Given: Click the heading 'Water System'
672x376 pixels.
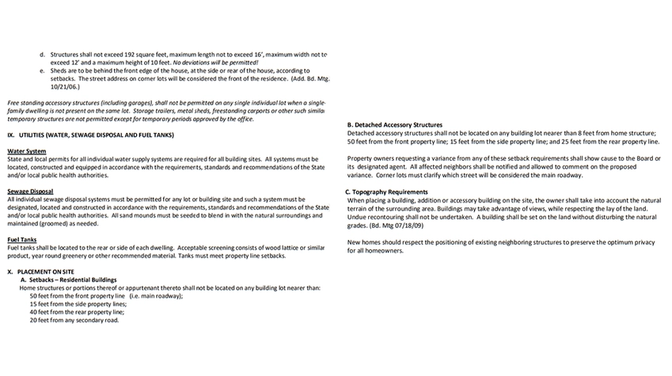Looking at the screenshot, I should tap(26, 151).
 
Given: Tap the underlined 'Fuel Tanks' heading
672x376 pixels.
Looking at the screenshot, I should tap(22, 239).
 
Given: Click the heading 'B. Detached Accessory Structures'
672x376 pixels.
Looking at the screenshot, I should tap(394, 125).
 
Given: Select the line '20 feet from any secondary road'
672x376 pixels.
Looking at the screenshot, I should tap(74, 321).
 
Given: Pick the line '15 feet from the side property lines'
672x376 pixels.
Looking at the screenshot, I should tap(78, 304).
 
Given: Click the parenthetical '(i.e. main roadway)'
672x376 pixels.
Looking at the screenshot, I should tap(156, 296).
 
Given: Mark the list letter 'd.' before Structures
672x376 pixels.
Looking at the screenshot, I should tap(42, 55).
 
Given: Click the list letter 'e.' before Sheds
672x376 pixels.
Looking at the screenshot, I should tap(42, 70).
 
